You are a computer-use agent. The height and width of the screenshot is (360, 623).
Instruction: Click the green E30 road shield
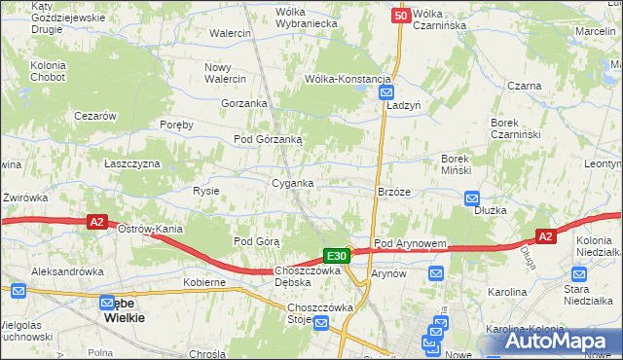[337, 256]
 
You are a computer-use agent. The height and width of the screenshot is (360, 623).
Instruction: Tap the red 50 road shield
[401, 16]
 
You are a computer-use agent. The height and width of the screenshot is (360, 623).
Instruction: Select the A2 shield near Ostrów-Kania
[96, 222]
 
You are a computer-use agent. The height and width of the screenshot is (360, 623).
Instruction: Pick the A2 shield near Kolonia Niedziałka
[546, 236]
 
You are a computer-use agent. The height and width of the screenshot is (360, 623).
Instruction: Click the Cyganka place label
[292, 183]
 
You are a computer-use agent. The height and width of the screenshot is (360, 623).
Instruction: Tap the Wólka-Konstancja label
[348, 79]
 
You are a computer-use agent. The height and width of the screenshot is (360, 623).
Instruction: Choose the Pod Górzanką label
[268, 139]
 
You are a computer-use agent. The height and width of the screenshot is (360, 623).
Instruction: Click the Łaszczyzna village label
[132, 163]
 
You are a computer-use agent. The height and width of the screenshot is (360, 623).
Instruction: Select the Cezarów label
[95, 115]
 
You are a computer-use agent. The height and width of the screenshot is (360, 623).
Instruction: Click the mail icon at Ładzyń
[385, 92]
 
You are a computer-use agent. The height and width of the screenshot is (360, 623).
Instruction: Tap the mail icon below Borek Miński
[466, 196]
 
